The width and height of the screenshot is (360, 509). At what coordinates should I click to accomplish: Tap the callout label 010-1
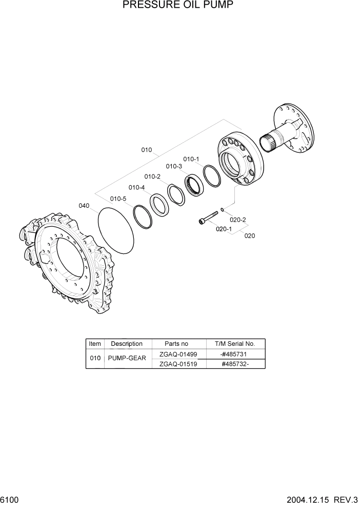[x=191, y=159]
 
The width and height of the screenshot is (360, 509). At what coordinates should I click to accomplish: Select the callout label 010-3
[x=174, y=166]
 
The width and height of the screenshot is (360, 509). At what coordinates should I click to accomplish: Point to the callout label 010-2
[x=152, y=177]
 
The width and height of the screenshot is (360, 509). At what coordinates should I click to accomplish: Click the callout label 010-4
[x=136, y=187]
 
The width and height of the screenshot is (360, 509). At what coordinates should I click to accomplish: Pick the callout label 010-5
[x=118, y=199]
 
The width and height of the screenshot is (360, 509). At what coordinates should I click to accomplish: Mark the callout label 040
[x=84, y=206]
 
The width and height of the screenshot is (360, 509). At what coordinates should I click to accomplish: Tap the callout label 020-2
[x=238, y=220]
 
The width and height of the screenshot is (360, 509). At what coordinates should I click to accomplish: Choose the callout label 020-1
[x=224, y=229]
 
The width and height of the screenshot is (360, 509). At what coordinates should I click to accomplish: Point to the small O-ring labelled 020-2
[x=221, y=209]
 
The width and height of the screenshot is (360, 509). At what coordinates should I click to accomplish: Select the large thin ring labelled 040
[x=115, y=230]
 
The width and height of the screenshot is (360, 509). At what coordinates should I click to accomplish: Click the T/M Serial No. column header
[x=234, y=344]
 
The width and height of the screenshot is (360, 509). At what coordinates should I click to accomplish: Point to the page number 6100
[x=9, y=500]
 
